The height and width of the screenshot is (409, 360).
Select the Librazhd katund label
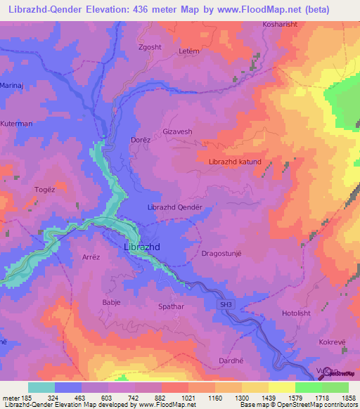click(235, 162)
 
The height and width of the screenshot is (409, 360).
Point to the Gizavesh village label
click(177, 131)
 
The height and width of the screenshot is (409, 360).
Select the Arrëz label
click(93, 258)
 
